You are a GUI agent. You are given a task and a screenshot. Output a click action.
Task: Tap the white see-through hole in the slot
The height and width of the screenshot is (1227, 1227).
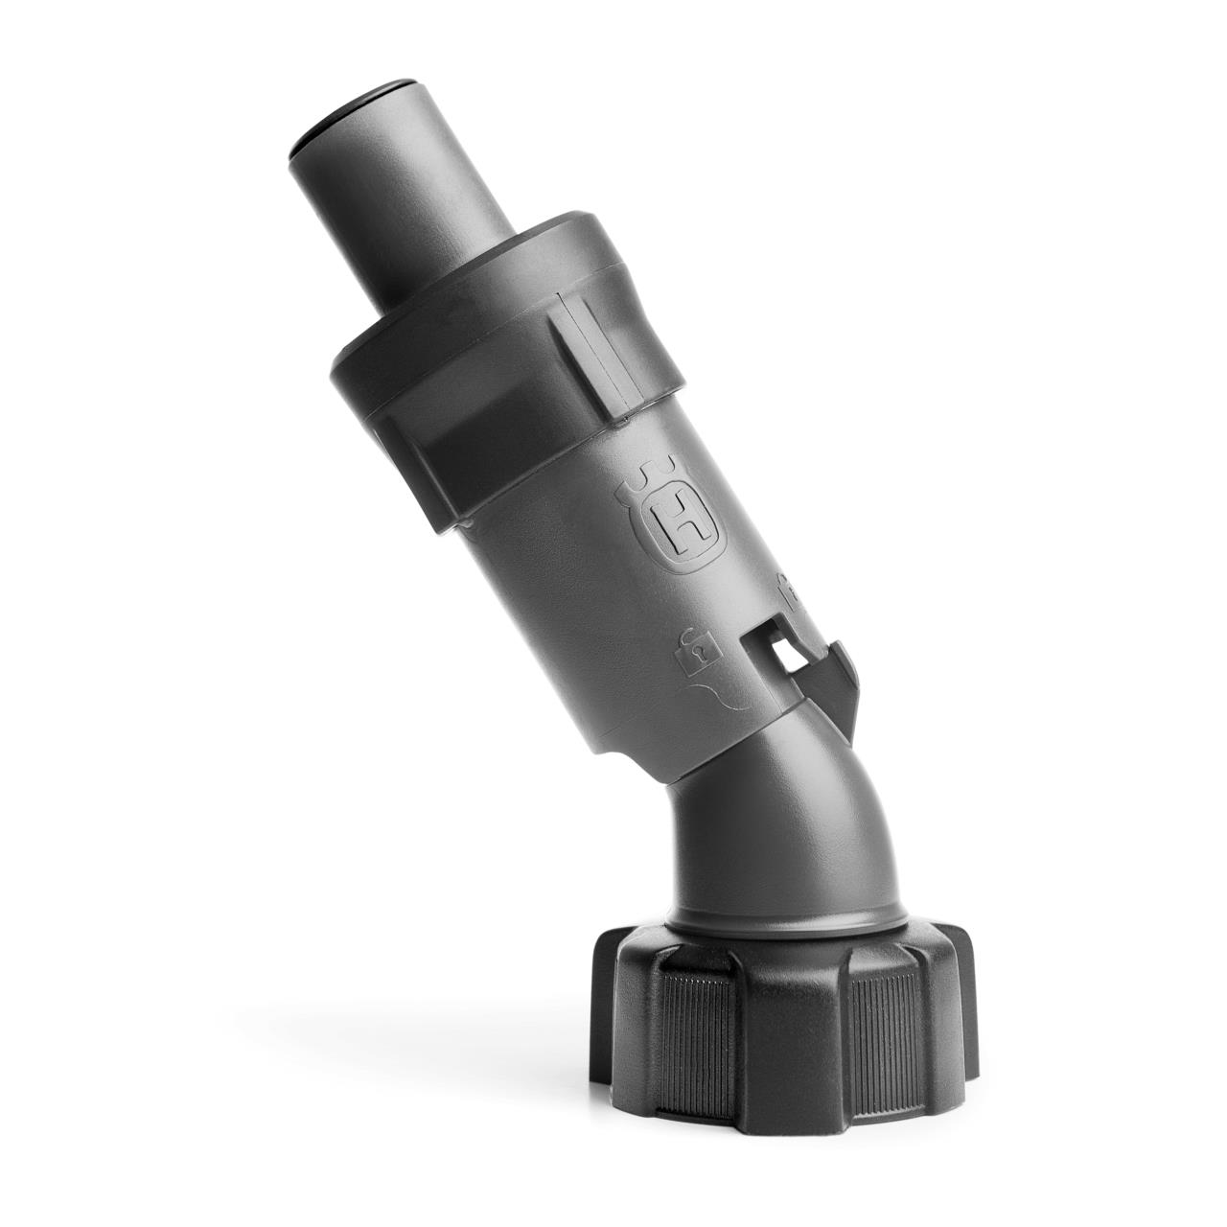coord(788,655)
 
